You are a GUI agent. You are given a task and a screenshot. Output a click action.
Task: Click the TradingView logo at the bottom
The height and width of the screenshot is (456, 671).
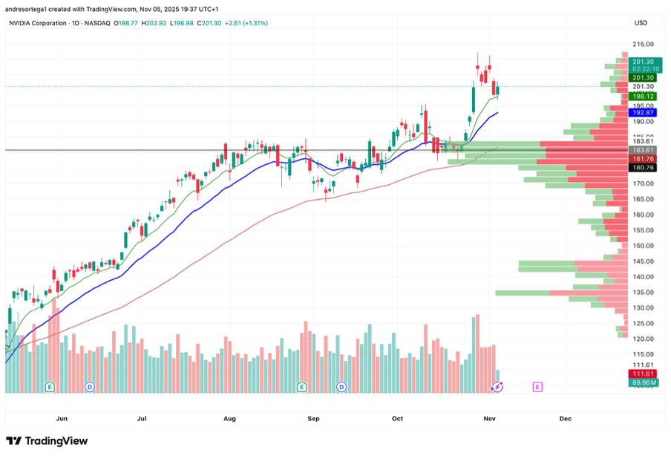pos(46,441)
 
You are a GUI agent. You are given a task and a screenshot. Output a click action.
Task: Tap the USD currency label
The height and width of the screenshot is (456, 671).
pos(640,23)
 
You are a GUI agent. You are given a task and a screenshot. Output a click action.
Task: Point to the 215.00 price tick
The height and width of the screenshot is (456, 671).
pos(643,44)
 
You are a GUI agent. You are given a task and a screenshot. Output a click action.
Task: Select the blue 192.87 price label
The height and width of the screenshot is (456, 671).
pos(642,113)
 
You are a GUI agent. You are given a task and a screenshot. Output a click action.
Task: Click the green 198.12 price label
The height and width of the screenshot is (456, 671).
pos(642,97)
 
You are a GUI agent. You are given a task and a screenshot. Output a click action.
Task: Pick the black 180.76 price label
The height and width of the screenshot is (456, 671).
pos(642,168)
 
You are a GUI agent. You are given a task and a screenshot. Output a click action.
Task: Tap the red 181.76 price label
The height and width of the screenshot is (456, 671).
pos(642,159)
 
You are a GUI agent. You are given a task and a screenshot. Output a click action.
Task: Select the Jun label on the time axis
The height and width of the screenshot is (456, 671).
pos(62,419)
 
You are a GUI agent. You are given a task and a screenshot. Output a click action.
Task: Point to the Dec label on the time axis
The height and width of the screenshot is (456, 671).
pos(566,419)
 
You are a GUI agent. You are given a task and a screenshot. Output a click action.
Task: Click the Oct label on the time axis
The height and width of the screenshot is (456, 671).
pos(397,419)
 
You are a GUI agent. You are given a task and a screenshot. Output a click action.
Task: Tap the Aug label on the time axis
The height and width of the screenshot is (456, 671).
pos(229,419)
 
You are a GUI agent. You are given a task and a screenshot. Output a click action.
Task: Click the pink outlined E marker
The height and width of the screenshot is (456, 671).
pos(537,387)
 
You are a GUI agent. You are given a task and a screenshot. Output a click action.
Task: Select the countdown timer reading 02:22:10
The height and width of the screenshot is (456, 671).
pos(642,69)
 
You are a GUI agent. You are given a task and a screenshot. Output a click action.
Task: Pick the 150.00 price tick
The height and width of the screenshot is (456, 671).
pos(643,246)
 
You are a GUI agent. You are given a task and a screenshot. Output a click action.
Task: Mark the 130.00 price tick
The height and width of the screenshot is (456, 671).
pos(643,307)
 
